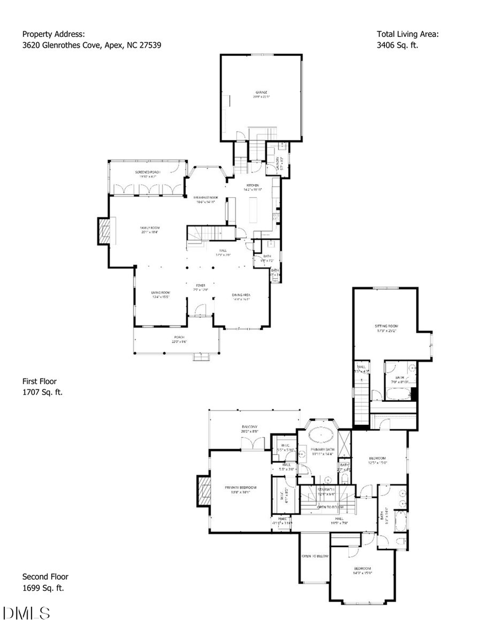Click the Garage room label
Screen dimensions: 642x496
pyautogui.click(x=261, y=92)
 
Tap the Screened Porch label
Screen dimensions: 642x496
pyautogui.click(x=148, y=172)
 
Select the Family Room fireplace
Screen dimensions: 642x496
pyautogui.click(x=104, y=231)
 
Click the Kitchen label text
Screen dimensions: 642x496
pyautogui.click(x=253, y=185)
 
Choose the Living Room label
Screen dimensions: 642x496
pyautogui.click(x=160, y=293)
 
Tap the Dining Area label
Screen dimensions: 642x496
pyautogui.click(x=241, y=295)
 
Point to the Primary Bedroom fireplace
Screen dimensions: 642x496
pyautogui.click(x=204, y=490)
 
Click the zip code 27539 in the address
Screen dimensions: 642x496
pyautogui.click(x=150, y=45)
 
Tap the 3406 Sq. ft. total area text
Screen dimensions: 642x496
pyautogui.click(x=397, y=45)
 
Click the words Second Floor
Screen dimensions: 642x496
pyautogui.click(x=45, y=576)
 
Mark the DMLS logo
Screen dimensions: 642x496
pyautogui.click(x=27, y=613)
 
